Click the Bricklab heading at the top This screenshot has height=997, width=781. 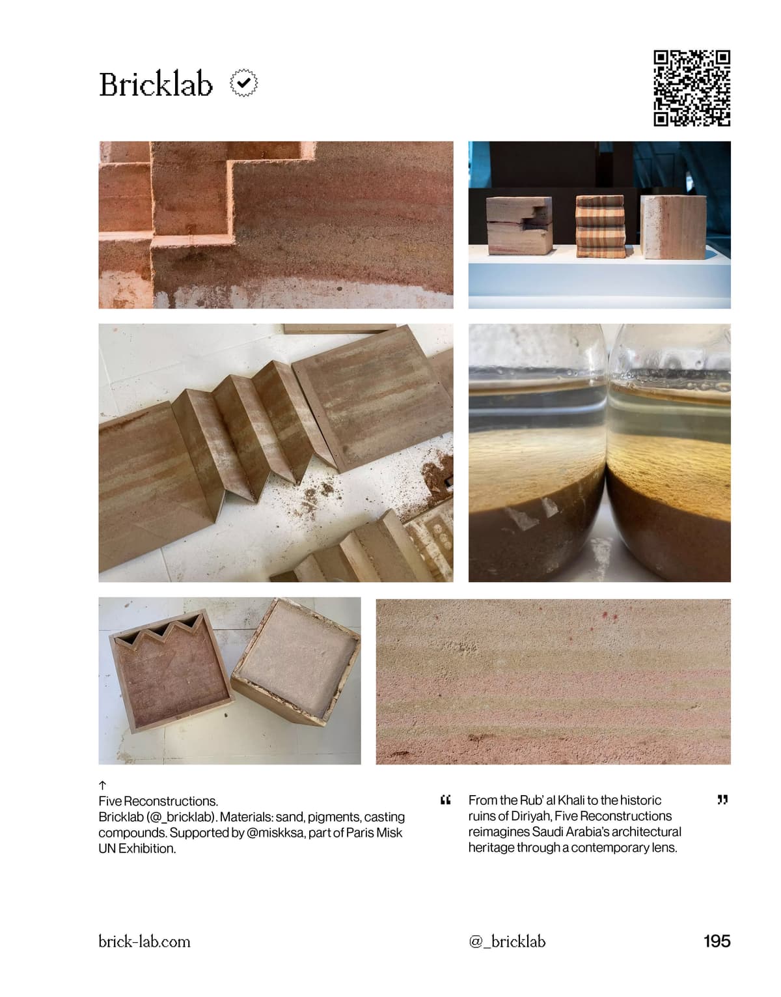156,84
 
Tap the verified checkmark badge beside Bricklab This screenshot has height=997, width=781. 243,83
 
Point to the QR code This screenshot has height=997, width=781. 691,88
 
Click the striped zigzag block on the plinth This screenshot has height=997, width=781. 601,227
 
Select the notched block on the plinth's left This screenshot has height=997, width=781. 519,226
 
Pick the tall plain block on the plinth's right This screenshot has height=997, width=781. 674,227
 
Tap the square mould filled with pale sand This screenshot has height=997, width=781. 297,662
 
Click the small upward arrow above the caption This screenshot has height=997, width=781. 103,785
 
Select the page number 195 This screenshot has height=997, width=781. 717,941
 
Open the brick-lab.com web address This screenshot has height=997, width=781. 144,942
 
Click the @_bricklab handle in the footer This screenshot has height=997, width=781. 507,942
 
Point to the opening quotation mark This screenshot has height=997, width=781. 445,800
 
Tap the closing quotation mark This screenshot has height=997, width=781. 722,800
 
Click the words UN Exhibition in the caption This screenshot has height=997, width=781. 137,849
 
